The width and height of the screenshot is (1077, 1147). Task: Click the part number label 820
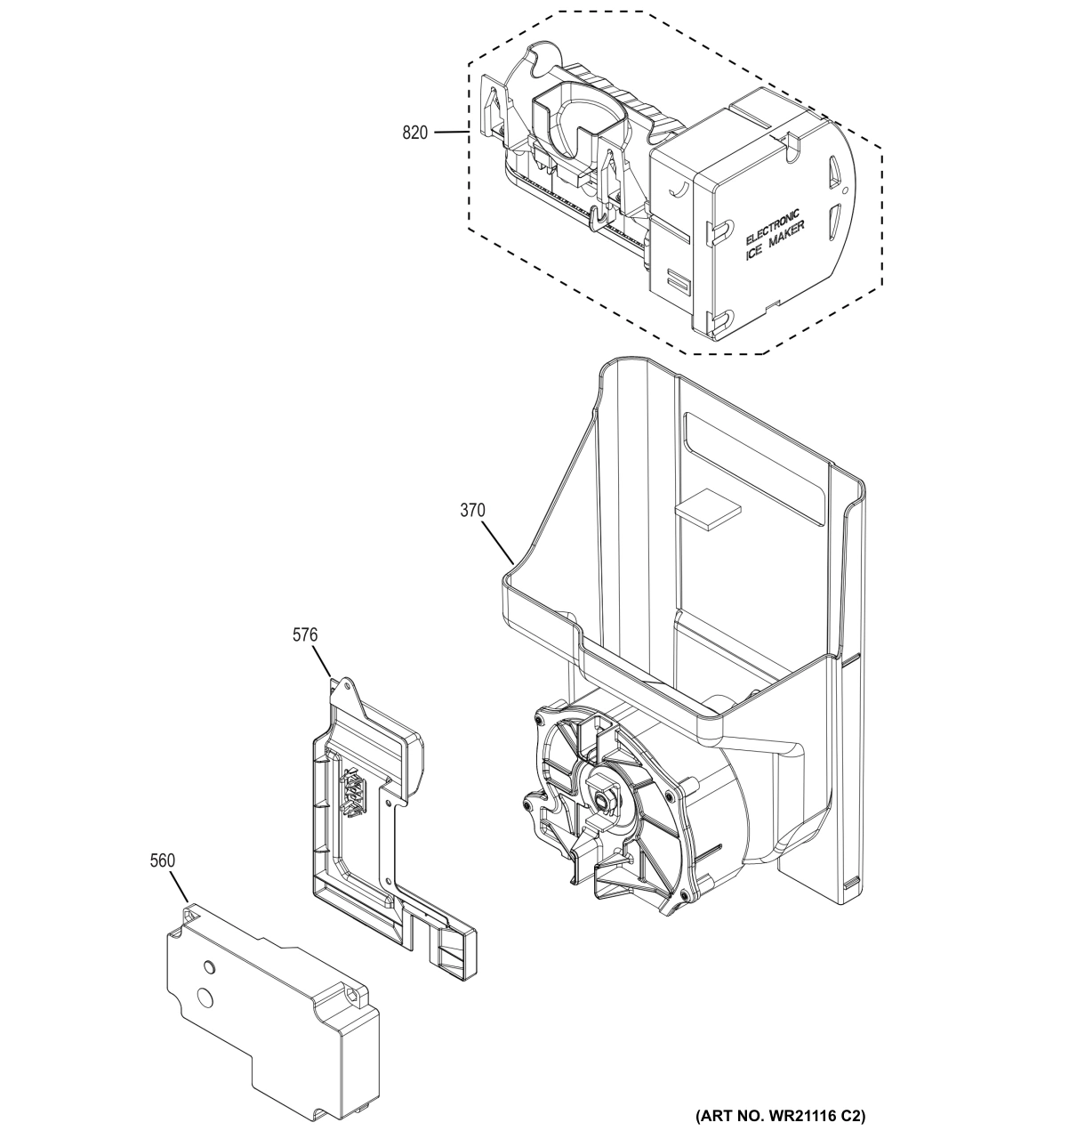tap(414, 133)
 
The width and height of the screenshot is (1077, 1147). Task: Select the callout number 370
tap(472, 511)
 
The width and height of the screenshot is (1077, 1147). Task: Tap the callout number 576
tap(305, 635)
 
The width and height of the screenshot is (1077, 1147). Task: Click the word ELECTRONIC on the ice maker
tap(772, 227)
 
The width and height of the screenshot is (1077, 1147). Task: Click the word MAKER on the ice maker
tap(789, 238)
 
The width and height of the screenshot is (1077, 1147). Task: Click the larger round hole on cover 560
tap(206, 998)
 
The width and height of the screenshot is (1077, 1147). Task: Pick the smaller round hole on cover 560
tap(209, 966)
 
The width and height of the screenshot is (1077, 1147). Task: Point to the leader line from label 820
tap(452, 133)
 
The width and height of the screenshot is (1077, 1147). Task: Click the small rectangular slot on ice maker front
tap(679, 283)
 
